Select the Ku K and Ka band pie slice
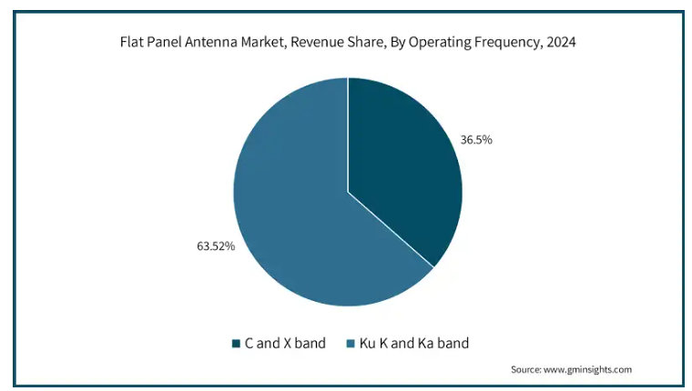coord(291,207)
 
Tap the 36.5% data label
coord(476,140)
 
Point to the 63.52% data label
coord(216,246)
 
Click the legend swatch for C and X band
coord(236,344)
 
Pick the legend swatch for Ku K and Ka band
coord(351,344)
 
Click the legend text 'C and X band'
coord(285,343)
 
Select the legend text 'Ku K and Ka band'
coord(414,343)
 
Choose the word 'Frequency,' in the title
coord(508,43)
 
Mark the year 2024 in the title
coord(561,42)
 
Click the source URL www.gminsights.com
coord(587,369)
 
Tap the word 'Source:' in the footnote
coord(526,369)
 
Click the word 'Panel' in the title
coord(163,42)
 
